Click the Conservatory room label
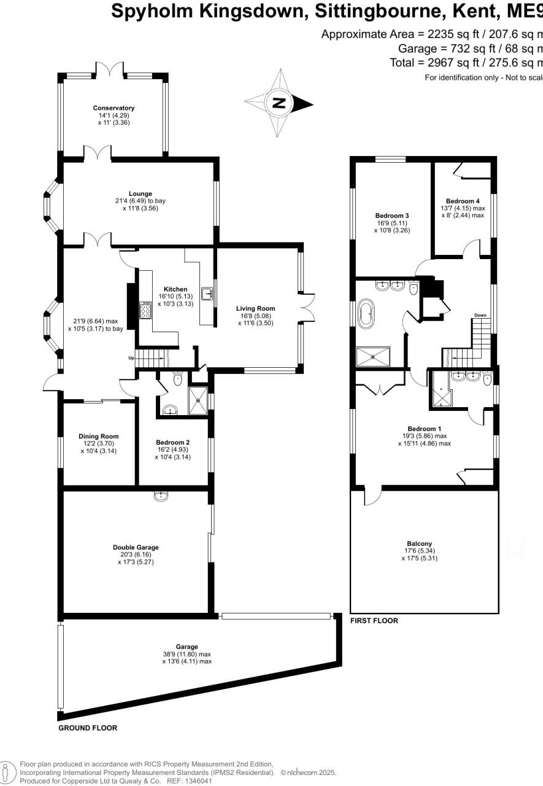coord(114,108)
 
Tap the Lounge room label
coord(140,193)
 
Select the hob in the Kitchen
coord(146,311)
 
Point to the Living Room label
coord(256,308)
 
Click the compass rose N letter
coord(279,103)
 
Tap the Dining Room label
coord(98,437)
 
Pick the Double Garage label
coord(136,547)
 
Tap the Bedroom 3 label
coord(392,216)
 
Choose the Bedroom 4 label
coord(463,201)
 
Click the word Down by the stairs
coord(480,316)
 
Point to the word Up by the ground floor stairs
coord(131,358)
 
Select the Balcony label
coord(420,543)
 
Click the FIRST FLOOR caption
coord(374,621)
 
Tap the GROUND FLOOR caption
coord(87,728)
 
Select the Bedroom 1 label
coord(424,429)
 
